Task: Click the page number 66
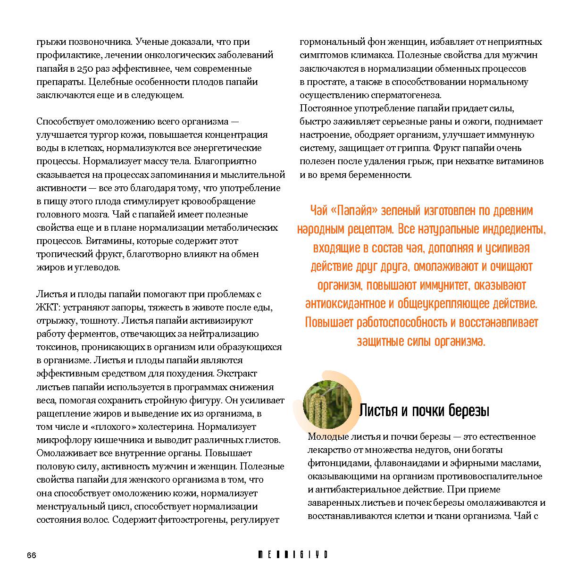coord(32,555)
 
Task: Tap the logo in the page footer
coord(292,555)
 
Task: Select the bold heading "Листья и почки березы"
coord(424,410)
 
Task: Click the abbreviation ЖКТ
coord(47,307)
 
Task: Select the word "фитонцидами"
coord(335,463)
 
